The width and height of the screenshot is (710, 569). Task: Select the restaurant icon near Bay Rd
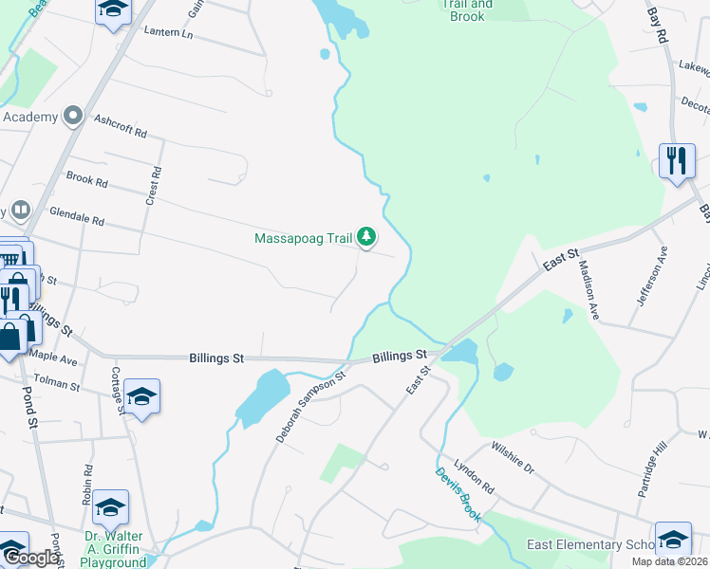click(x=677, y=160)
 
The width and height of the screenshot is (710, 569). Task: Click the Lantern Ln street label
click(x=168, y=33)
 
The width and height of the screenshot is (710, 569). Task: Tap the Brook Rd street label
click(x=86, y=178)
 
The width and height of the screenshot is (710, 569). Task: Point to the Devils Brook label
click(x=458, y=494)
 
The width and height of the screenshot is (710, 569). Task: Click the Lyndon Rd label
click(x=474, y=475)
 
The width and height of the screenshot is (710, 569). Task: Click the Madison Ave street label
click(x=589, y=290)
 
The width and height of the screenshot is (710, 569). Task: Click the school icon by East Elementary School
click(x=672, y=538)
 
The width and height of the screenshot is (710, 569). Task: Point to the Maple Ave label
click(x=54, y=358)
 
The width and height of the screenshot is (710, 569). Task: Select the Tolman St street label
click(x=57, y=384)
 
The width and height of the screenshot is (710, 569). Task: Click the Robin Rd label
click(x=86, y=482)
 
